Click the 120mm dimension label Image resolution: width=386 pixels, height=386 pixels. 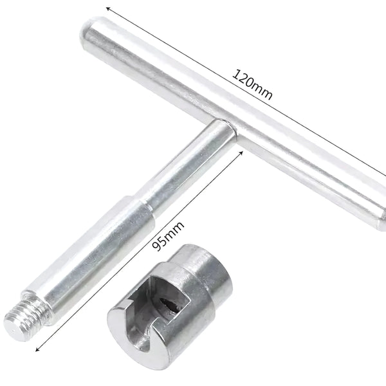click(252, 84)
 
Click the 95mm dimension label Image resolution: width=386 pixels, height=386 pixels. click(168, 236)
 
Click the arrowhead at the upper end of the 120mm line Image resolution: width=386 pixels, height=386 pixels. click(108, 8)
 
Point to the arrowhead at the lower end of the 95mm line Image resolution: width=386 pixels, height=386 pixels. click(38, 349)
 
